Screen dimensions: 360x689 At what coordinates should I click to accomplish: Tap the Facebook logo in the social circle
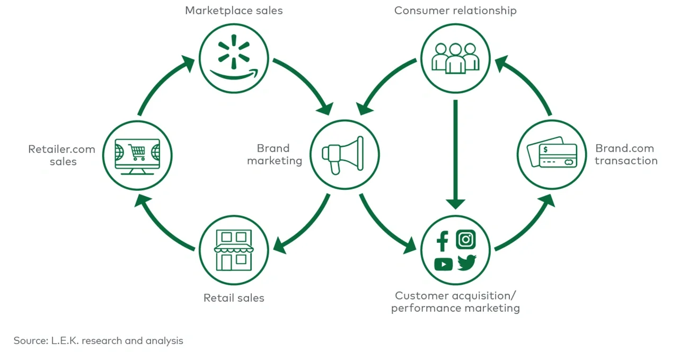click(443, 241)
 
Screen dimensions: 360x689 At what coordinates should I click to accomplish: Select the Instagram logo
click(466, 240)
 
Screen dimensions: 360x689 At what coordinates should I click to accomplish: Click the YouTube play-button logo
click(443, 264)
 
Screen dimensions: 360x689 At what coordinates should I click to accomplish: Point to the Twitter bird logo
click(467, 262)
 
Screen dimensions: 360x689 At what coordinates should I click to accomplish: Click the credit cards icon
click(551, 154)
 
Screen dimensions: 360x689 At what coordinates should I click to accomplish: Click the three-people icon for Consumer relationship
click(455, 57)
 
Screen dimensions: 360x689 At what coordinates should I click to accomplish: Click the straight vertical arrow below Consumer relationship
click(455, 154)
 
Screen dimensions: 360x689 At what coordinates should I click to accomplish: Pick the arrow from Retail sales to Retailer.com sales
click(162, 223)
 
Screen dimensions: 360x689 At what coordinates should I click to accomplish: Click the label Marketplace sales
click(234, 11)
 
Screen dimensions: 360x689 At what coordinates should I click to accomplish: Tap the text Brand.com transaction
click(625, 154)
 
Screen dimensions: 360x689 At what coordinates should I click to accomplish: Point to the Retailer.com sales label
click(62, 155)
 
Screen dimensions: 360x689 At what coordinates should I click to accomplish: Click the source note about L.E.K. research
click(99, 340)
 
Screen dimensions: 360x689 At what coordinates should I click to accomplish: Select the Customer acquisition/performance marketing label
click(455, 302)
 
